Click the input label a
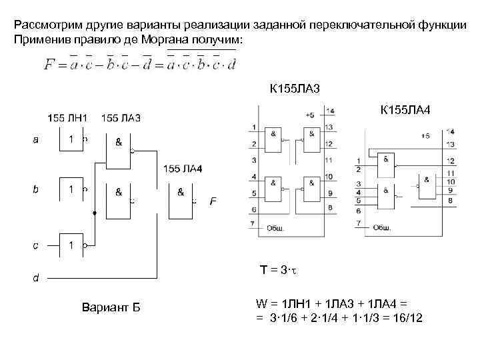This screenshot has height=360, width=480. pos(35,140)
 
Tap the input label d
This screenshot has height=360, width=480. pos(35,277)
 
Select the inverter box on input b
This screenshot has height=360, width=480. pos(70,191)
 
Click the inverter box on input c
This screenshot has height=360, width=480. pos(70,245)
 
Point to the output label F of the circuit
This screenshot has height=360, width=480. pos(213,201)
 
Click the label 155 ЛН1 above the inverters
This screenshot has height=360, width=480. pos(67,118)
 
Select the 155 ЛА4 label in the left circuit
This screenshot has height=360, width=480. pos(183,167)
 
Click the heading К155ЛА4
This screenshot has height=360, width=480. pos(405,108)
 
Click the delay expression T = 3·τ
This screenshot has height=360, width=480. pos(278,269)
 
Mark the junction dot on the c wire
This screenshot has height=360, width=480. pos(95,213)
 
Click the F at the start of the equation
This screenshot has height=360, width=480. pos(48,65)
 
